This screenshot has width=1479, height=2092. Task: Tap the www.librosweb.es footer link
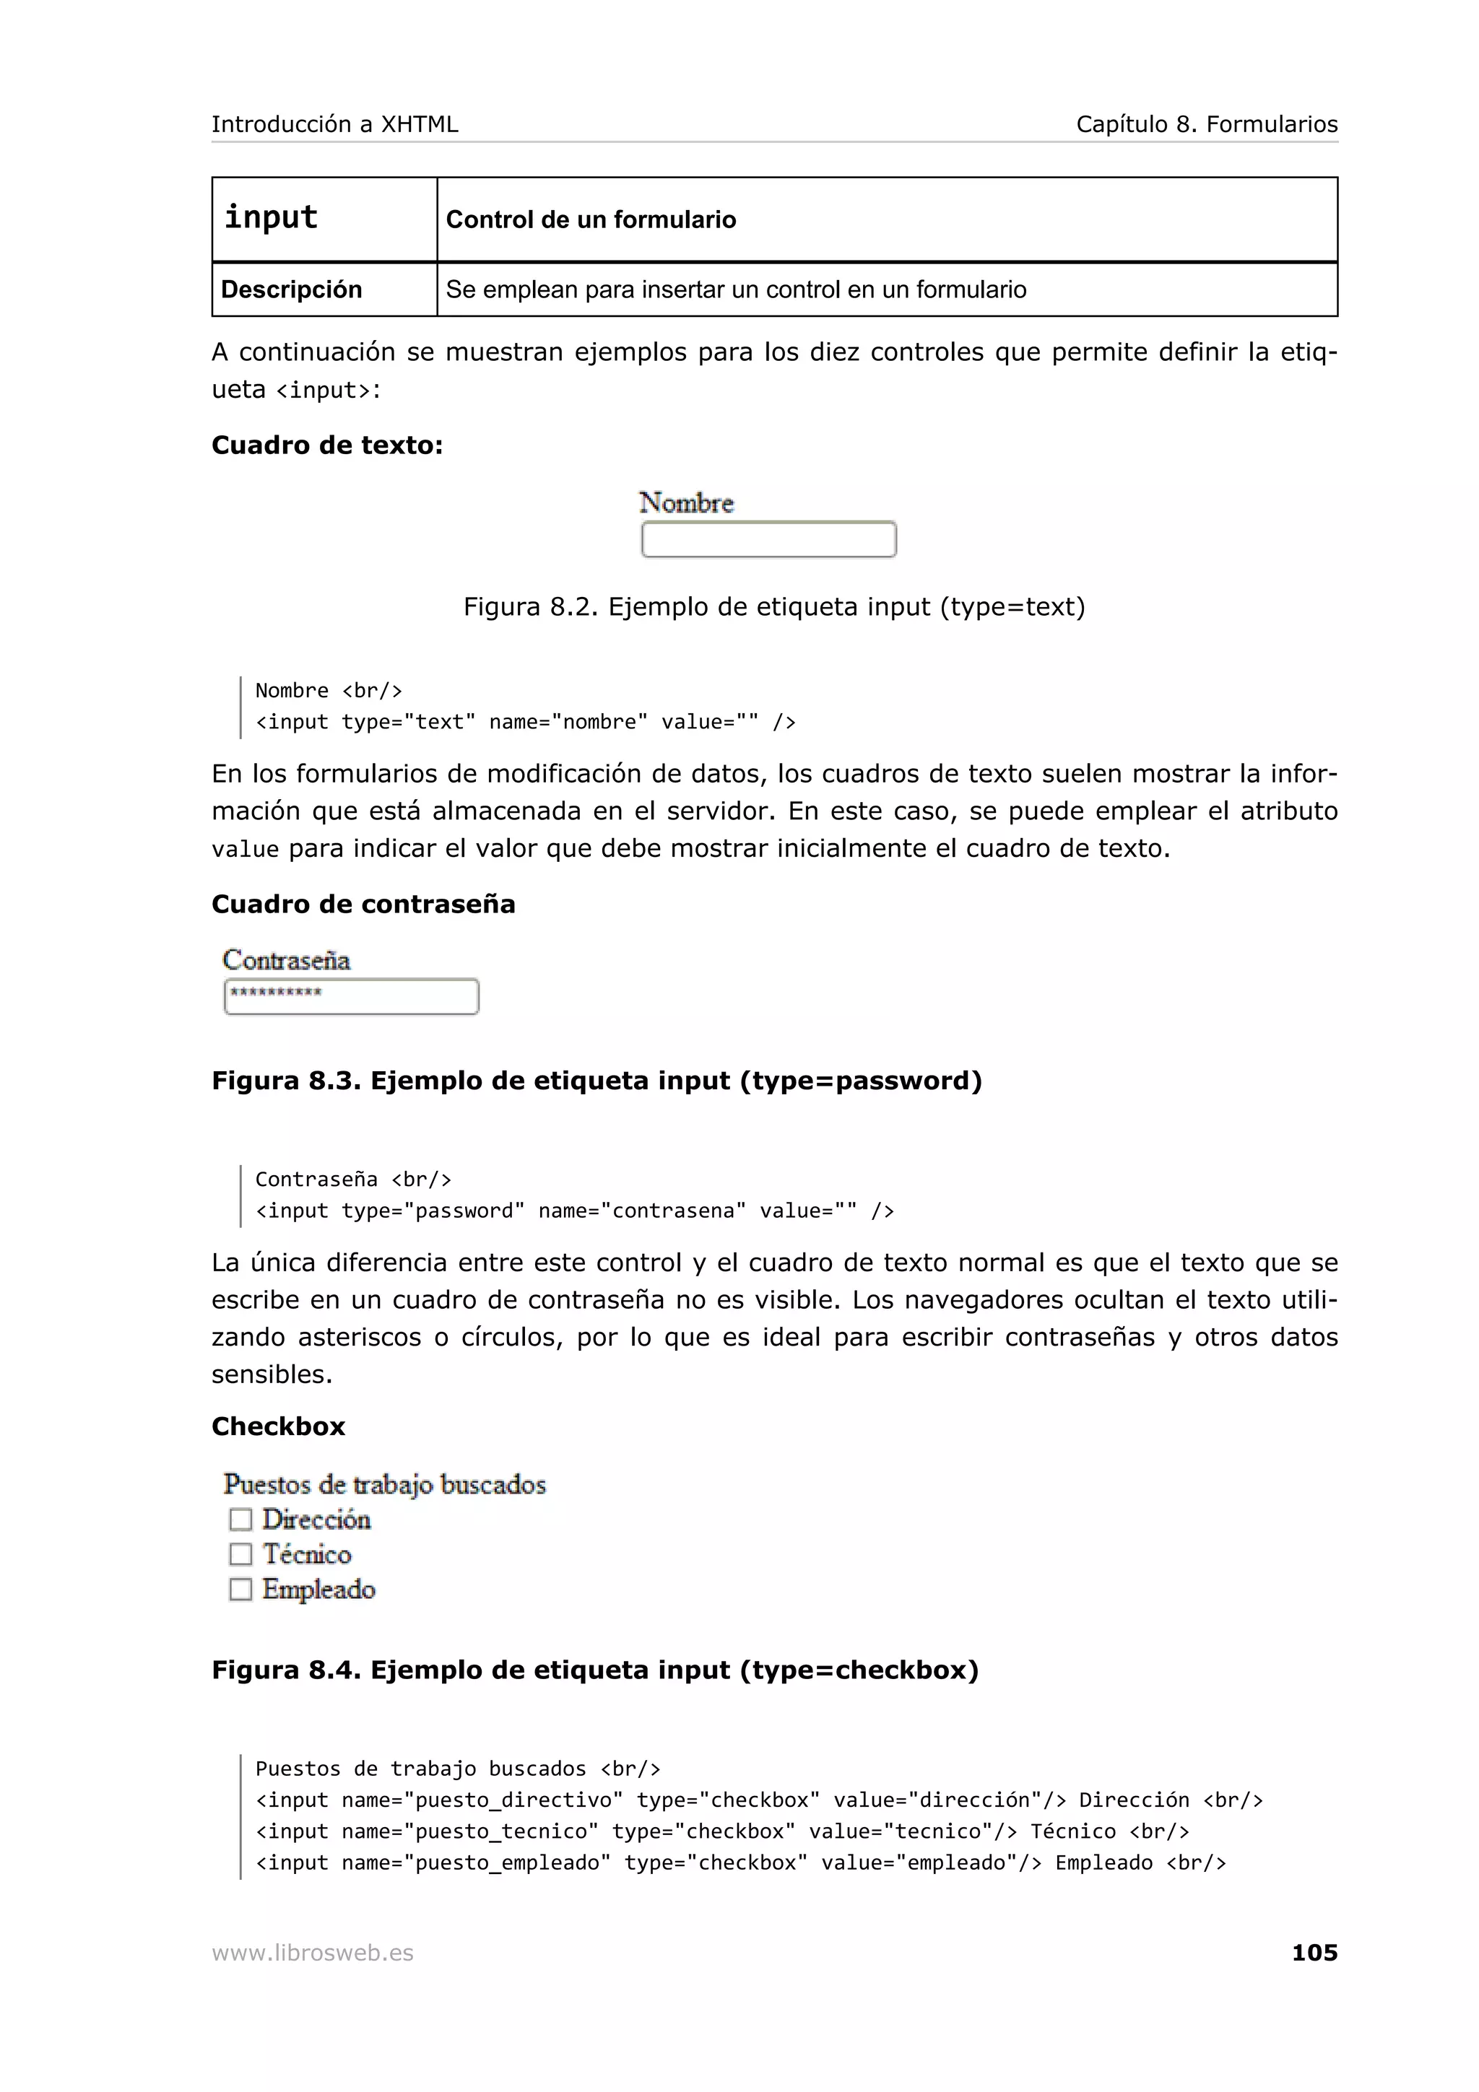click(313, 1953)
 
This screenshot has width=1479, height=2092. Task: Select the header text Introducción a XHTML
click(334, 124)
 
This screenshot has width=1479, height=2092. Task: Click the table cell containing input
click(324, 219)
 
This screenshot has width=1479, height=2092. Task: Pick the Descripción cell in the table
click(324, 289)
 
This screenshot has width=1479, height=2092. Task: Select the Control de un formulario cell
click(886, 219)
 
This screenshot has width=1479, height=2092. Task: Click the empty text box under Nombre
click(768, 539)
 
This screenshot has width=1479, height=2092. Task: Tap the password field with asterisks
click(351, 996)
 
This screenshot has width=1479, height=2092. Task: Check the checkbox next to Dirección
click(240, 1519)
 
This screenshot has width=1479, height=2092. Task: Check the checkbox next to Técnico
click(240, 1553)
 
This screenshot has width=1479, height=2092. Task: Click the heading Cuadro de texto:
click(327, 445)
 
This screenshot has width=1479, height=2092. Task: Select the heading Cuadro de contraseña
click(363, 904)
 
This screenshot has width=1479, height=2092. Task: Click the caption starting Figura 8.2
click(773, 607)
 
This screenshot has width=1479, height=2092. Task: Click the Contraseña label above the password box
click(286, 959)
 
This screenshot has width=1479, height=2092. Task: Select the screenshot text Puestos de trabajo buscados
click(385, 1484)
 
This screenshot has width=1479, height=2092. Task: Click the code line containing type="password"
click(574, 1211)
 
